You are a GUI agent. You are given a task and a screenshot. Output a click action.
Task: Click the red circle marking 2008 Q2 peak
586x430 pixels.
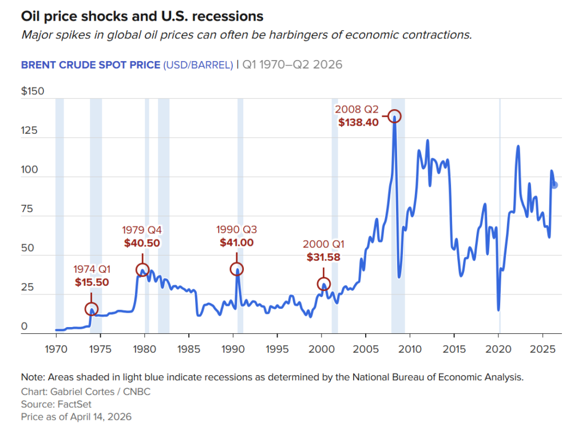pos(394,116)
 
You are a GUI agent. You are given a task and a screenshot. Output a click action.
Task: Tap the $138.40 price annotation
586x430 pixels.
pos(358,122)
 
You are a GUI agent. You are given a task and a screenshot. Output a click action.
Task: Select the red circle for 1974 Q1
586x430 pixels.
pos(91,309)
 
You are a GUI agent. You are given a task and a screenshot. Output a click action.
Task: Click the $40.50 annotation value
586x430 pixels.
pos(142,242)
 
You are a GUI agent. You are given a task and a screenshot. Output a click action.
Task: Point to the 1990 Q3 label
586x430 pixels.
pos(236,230)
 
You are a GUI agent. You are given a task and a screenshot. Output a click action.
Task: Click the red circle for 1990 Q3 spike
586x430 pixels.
pos(236,269)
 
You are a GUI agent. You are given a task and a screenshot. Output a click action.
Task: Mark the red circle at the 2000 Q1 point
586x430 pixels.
pos(323,284)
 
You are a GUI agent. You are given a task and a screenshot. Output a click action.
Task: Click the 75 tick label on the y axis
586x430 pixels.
pos(28,210)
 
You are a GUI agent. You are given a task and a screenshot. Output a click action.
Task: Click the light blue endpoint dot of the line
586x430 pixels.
pos(554,185)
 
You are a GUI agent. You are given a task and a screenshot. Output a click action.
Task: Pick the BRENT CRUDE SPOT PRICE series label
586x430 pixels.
pos(90,64)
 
